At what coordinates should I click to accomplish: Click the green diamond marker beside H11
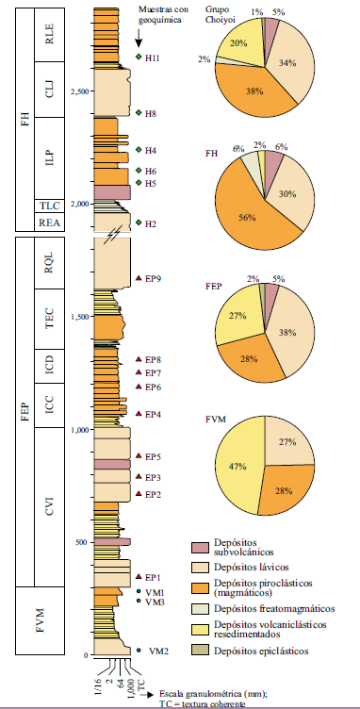pos(139,58)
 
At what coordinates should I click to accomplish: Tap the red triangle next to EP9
pos(139,278)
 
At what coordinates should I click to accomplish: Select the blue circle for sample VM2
pos(139,651)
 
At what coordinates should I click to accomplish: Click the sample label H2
pos(151,223)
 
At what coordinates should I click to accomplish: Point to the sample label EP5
pos(154,456)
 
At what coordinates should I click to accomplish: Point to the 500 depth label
pos(81,542)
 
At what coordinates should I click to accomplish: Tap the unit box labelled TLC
pos(48,206)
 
